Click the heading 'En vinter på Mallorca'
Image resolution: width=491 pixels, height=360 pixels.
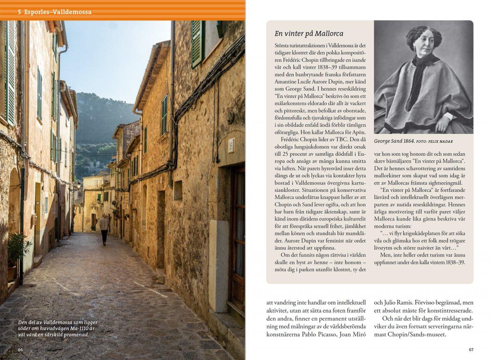pos(309,34)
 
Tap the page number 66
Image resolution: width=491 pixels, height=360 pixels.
pos(21,349)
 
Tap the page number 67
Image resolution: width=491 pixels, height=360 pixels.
pos(471,349)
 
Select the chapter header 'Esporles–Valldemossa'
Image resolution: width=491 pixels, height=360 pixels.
pos(57,12)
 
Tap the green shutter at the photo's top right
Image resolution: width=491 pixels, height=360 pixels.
pos(198,43)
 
